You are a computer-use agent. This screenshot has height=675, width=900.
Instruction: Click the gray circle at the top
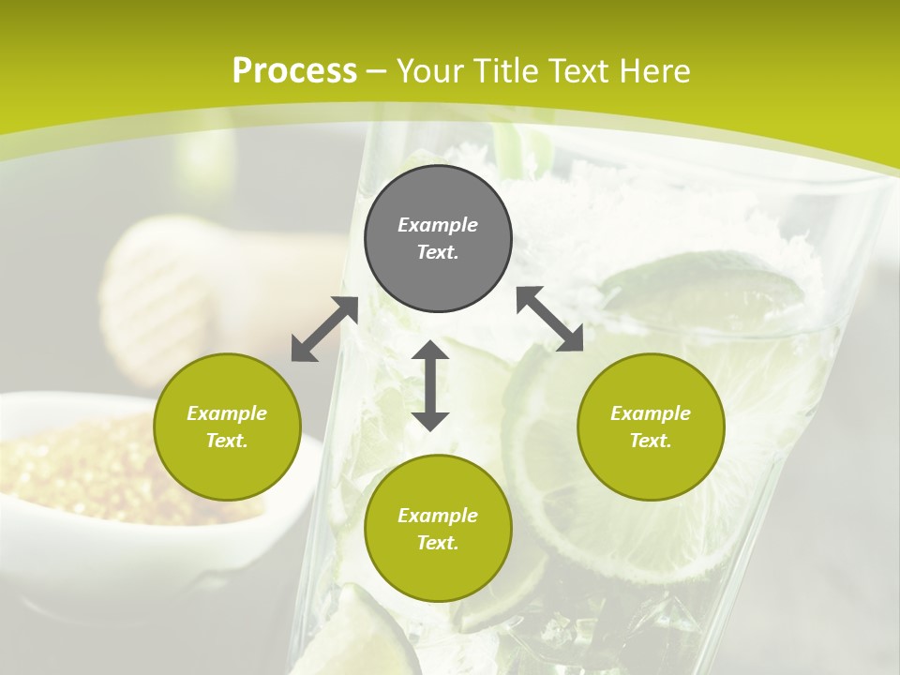point(438,238)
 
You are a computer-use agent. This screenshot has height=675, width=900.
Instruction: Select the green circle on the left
point(227,427)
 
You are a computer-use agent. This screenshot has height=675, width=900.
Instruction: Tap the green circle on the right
point(651,427)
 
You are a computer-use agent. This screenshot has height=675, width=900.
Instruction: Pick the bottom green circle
point(438,529)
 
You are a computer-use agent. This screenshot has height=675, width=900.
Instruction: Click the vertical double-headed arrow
point(430,385)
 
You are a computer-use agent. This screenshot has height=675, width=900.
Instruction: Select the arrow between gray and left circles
point(324,329)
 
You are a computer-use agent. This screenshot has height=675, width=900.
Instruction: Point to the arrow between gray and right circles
point(549,320)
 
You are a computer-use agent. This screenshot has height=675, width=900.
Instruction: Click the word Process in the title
point(294,71)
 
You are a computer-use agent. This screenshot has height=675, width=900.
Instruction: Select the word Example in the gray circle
point(438,225)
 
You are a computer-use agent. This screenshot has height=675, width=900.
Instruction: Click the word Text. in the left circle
point(227,441)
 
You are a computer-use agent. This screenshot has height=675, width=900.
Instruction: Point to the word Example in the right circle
point(651,413)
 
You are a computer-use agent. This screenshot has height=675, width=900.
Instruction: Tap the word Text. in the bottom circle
point(438,543)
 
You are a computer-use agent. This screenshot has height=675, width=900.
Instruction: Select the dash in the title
point(377,71)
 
